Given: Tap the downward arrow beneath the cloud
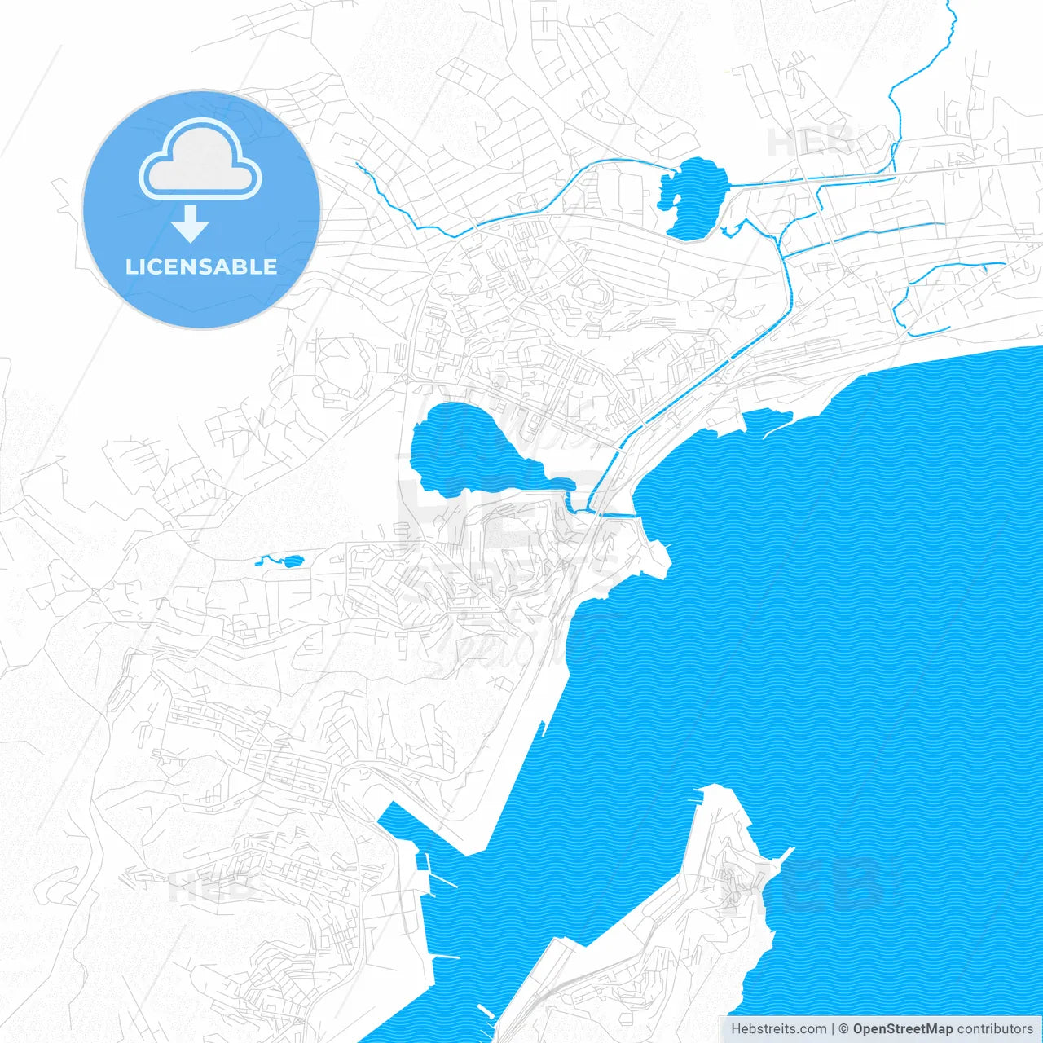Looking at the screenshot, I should tap(191, 223).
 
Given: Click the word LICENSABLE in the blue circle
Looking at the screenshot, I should tap(201, 266).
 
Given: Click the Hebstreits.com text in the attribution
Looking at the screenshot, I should tap(778, 1029).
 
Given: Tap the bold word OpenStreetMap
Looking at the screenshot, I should tap(902, 1029).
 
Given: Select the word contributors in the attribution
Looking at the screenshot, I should tap(994, 1029).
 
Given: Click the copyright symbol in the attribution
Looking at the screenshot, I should tap(844, 1029).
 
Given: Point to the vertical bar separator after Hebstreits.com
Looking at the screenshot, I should tap(833, 1029).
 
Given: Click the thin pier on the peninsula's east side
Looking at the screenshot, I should tap(784, 856).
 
